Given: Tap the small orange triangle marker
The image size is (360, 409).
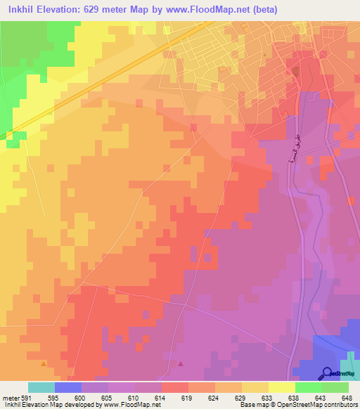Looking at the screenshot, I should point(44,363).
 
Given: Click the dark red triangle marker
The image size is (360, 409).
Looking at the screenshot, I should point(181,363).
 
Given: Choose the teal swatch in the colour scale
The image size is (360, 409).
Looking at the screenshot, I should point(41,387).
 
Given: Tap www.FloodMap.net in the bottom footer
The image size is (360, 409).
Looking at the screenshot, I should point(131,405).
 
